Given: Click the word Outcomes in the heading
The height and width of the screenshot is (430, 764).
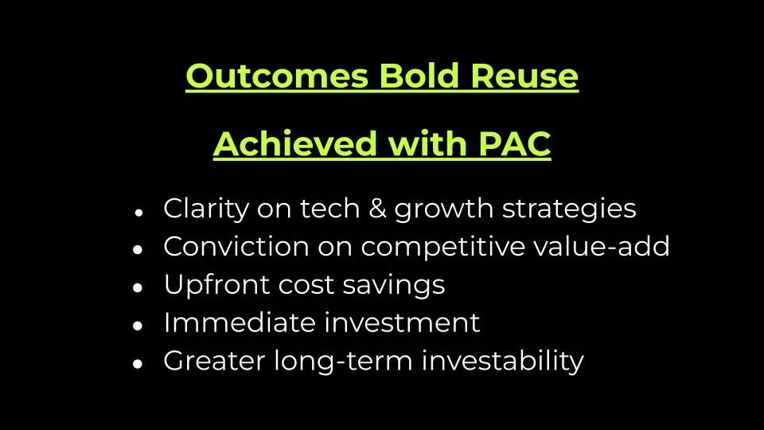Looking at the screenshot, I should tap(278, 76).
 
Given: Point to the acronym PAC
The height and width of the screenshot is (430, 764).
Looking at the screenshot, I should tap(512, 144).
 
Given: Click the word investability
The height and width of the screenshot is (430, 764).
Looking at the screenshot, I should tap(502, 362).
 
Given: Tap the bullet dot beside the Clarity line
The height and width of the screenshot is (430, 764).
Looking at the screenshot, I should tap(138, 211).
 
